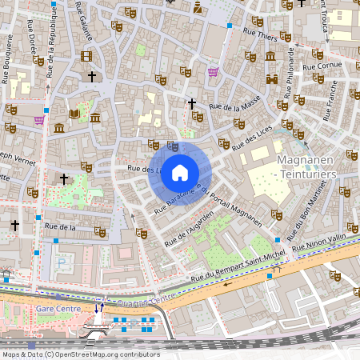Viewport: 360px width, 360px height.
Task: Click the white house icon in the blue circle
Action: (x=180, y=173)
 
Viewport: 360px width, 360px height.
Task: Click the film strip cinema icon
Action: (x=86, y=56)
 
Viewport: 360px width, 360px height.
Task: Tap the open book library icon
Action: (x=74, y=114)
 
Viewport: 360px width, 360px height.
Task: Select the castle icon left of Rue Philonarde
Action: (x=270, y=56)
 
